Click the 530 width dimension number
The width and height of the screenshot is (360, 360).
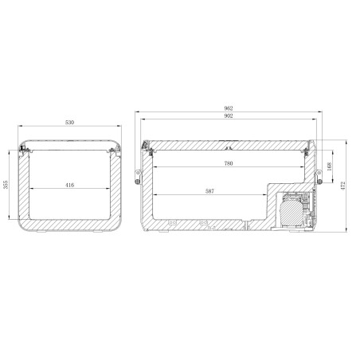point(70,123)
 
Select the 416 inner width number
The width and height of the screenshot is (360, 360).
point(70,185)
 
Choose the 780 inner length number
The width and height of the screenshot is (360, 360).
point(229,163)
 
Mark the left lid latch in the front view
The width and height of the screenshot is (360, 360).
point(25,151)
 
